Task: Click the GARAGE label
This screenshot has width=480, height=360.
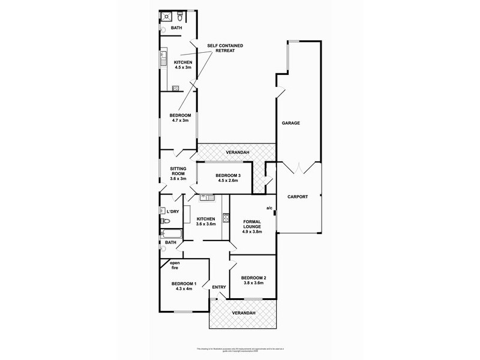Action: (291, 123)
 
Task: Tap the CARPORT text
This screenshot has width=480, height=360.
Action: (298, 196)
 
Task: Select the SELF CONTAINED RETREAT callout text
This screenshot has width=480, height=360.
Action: (220, 48)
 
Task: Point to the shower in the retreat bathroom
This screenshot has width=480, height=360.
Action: (166, 17)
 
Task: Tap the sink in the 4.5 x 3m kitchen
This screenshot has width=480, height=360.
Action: (162, 59)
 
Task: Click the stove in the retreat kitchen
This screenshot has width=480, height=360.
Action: (176, 88)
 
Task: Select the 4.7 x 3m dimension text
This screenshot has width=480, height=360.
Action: (180, 121)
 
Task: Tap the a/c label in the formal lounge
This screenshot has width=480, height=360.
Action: (270, 208)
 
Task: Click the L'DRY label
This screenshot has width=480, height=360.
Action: (173, 212)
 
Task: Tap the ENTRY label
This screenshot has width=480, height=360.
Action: (219, 287)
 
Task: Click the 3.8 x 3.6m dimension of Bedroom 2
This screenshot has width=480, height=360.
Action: (253, 284)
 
